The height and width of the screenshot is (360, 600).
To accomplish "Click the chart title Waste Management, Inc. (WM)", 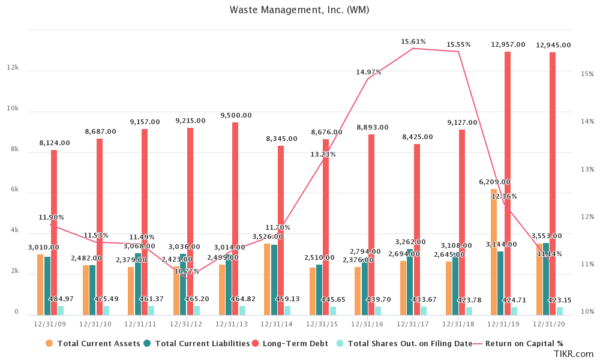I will [x=299, y=10].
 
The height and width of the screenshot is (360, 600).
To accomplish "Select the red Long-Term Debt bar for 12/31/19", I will [x=508, y=180].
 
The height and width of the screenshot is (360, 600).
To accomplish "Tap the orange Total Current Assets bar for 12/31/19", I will [x=494, y=252].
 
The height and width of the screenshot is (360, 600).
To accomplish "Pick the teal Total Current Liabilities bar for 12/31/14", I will [x=274, y=280].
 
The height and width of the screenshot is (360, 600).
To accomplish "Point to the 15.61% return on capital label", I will [x=413, y=42].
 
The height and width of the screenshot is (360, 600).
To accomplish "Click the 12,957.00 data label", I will [x=508, y=45].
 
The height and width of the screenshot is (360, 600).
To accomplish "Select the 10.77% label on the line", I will [x=187, y=271].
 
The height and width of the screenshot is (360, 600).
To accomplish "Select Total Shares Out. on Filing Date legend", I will [x=410, y=344].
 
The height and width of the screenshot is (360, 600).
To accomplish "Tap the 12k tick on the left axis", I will [x=12, y=68].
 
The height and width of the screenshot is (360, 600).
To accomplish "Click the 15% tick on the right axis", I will [x=587, y=74].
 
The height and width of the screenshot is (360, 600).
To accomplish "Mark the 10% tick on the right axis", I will [x=587, y=312].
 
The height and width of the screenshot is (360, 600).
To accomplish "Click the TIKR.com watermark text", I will [x=573, y=355].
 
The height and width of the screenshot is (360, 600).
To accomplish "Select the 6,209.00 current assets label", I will [x=494, y=182].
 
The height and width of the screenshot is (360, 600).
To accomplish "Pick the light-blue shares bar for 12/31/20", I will [x=560, y=311].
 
